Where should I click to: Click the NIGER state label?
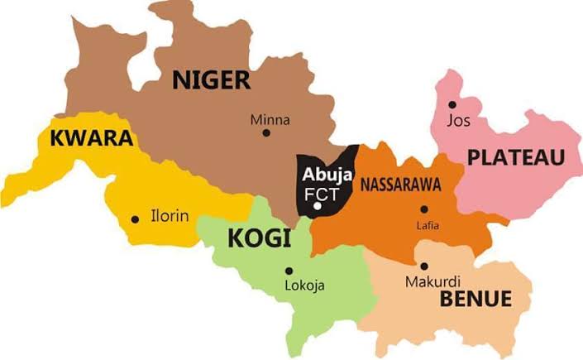(x=211, y=80)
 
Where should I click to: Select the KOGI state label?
(x=259, y=240)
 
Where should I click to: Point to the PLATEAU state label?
(x=515, y=157)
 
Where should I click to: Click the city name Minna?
(x=270, y=120)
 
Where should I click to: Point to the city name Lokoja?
(x=304, y=286)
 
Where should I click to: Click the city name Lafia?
(x=428, y=226)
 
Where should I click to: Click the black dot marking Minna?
(x=265, y=133)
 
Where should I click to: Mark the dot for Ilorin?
(x=135, y=219)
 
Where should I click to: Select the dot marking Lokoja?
(x=289, y=271)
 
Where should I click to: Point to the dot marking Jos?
(x=452, y=104)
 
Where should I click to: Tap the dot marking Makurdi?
(x=423, y=266)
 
